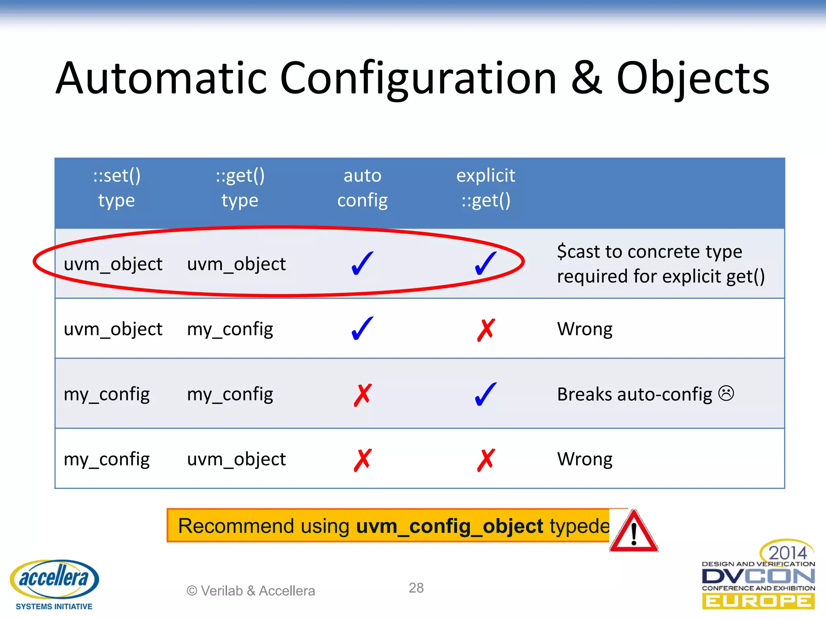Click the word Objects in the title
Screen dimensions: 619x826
tap(693, 79)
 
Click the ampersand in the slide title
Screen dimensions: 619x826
tap(586, 79)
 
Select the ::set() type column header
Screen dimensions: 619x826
tap(117, 188)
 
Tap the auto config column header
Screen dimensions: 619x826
tap(362, 188)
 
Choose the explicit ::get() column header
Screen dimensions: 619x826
tap(486, 188)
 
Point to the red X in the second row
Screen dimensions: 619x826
tap(486, 330)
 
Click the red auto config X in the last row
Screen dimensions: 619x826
tap(362, 459)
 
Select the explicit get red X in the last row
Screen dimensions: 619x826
tap(486, 459)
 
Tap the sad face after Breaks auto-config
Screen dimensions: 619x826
tap(726, 393)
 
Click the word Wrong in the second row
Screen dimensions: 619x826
tap(584, 329)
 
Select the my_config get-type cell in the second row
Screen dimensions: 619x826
tap(230, 329)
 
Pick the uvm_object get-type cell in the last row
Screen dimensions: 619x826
tap(236, 459)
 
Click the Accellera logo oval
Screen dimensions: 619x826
tap(54, 579)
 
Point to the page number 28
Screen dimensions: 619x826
tap(416, 588)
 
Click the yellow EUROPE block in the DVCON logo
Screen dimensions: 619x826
tap(758, 601)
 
